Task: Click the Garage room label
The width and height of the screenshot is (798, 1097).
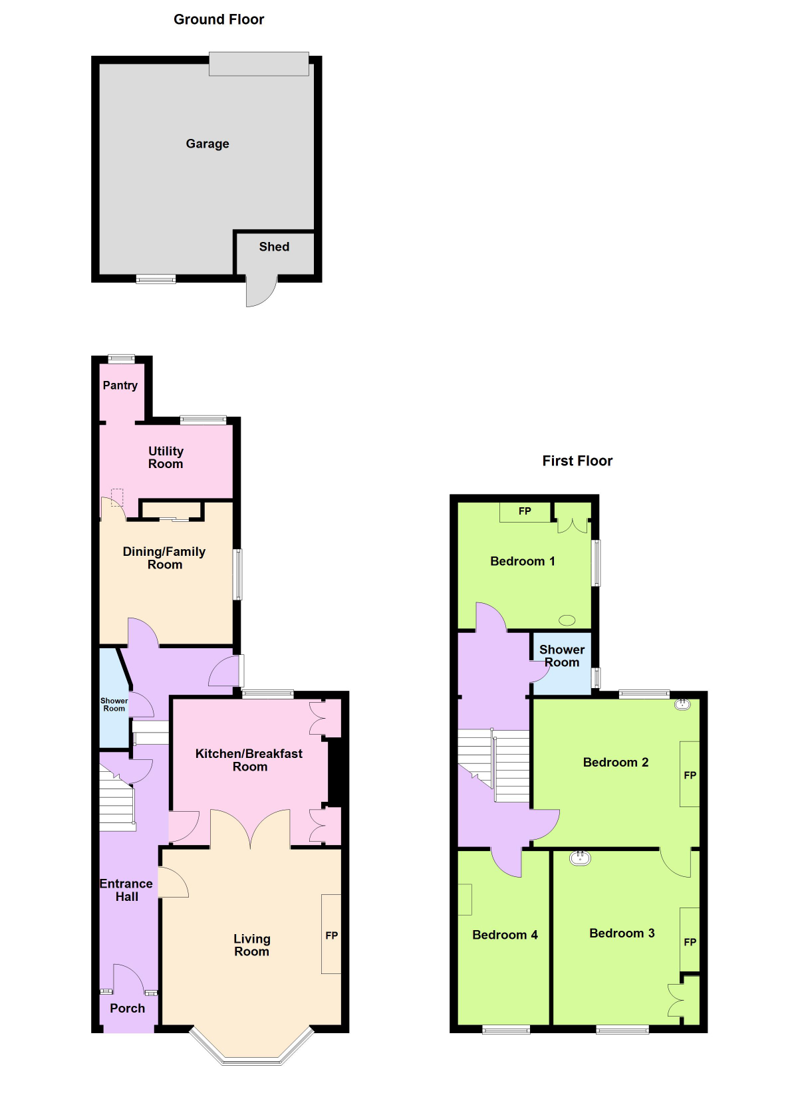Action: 207,144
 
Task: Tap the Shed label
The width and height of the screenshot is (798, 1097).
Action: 274,247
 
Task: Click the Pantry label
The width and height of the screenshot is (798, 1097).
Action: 120,386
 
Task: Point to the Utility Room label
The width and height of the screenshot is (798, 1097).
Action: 166,457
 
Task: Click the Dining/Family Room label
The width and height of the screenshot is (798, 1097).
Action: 164,558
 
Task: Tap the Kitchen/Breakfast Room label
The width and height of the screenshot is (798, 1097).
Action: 249,759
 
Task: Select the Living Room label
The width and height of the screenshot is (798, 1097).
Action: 252,945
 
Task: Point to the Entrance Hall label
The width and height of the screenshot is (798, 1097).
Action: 126,890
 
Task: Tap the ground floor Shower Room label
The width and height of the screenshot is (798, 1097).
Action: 114,704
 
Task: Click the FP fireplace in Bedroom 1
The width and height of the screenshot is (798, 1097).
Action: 525,512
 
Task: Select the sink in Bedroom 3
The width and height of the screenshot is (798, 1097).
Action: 581,858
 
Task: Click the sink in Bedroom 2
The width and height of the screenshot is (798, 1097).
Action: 682,704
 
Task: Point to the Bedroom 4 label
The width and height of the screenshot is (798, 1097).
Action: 505,934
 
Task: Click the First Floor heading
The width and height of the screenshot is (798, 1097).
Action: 577,461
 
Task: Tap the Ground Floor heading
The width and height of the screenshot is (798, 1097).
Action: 219,19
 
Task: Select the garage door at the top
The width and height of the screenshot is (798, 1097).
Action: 259,64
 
